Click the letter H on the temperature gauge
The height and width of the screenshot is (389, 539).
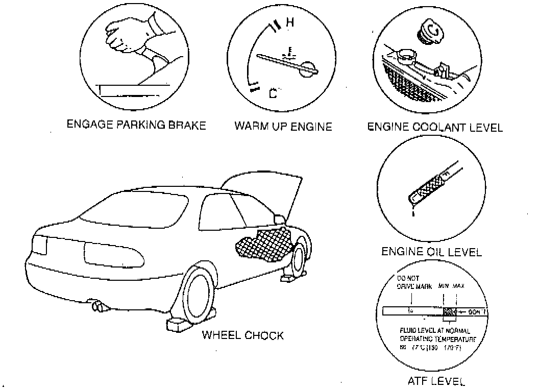coord(290,22)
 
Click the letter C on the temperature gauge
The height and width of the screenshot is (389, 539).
coord(273,93)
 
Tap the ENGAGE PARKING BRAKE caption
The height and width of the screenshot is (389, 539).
coord(136,125)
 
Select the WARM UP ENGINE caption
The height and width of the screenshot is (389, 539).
coord(283,126)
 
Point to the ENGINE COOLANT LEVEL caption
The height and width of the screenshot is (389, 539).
coord(435,127)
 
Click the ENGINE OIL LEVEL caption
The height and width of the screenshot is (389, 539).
coord(431,252)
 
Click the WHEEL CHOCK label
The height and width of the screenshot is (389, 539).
coord(242,335)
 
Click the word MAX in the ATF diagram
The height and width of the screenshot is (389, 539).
coord(458,286)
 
